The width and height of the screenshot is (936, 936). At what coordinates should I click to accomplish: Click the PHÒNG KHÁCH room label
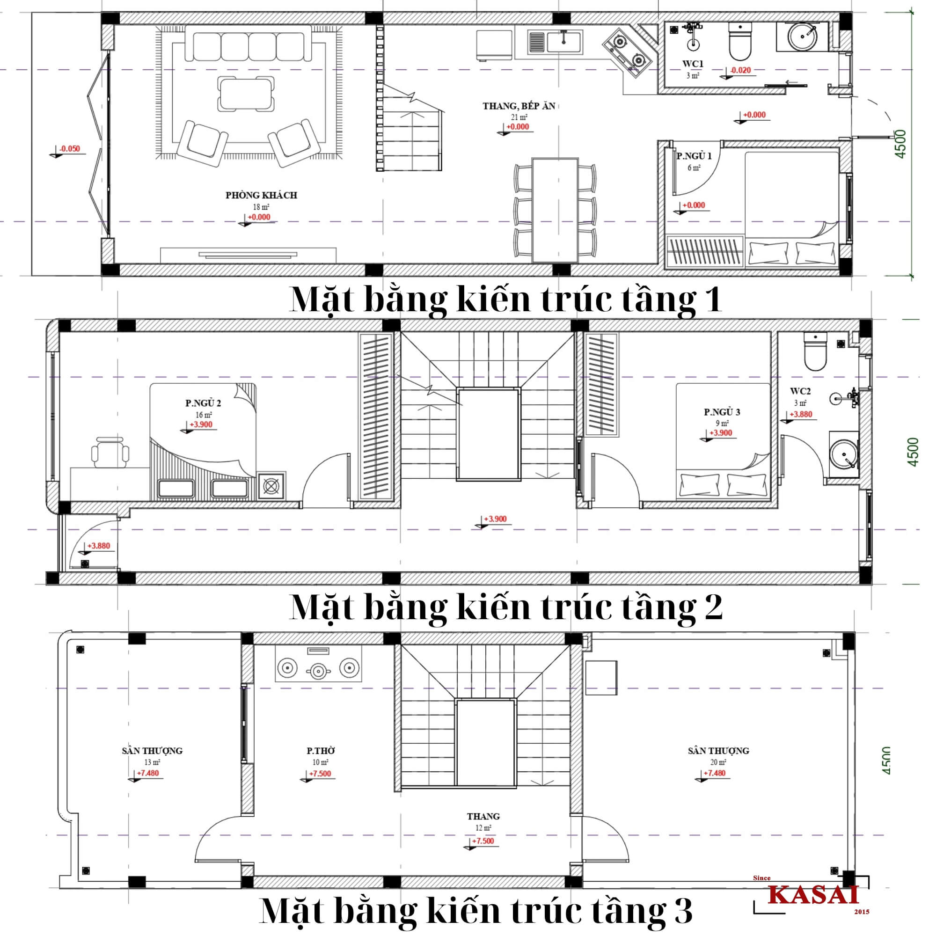pyautogui.click(x=261, y=195)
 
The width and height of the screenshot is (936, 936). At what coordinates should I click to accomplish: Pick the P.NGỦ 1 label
pyautogui.click(x=694, y=156)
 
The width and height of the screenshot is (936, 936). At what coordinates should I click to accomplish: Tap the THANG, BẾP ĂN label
pyautogui.click(x=519, y=106)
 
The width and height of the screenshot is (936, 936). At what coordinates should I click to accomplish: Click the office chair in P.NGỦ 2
pyautogui.click(x=110, y=452)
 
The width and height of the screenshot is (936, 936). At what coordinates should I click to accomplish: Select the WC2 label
pyautogui.click(x=800, y=391)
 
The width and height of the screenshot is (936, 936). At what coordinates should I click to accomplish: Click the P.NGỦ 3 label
pyautogui.click(x=722, y=412)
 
